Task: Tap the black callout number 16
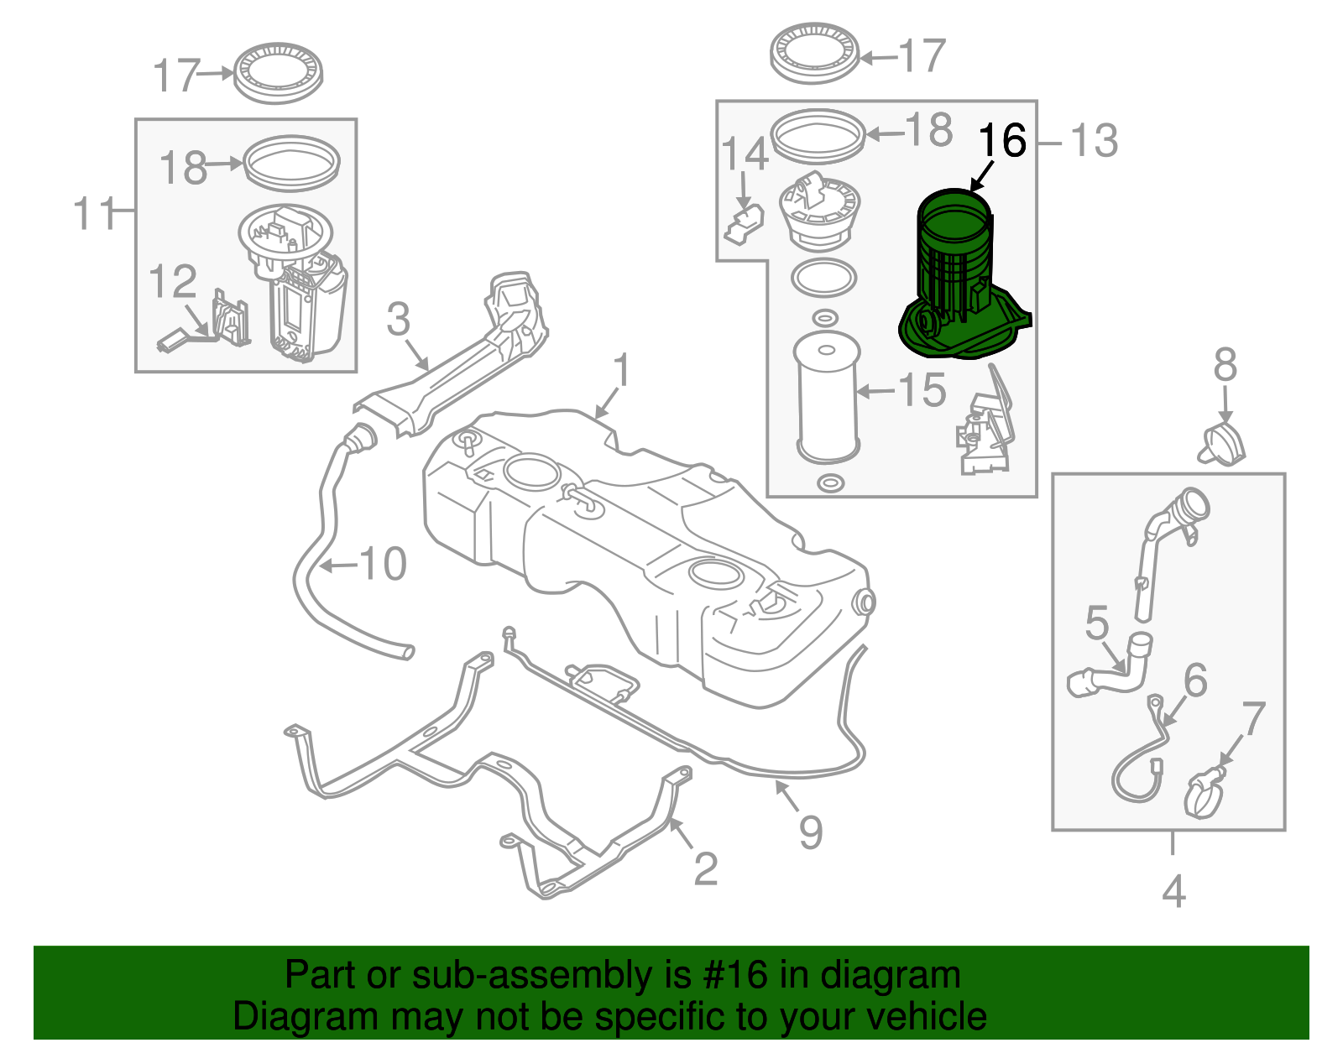pyautogui.click(x=1002, y=141)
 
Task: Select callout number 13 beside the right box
pyautogui.click(x=1094, y=141)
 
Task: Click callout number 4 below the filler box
pyautogui.click(x=1173, y=891)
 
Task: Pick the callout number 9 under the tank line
pyautogui.click(x=810, y=832)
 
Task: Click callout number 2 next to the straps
pyautogui.click(x=706, y=868)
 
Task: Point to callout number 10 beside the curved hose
pyautogui.click(x=383, y=564)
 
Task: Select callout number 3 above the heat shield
pyautogui.click(x=398, y=320)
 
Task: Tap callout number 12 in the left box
pyautogui.click(x=173, y=282)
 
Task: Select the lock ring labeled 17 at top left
pyautogui.click(x=279, y=72)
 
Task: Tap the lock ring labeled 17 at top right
pyautogui.click(x=814, y=54)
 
